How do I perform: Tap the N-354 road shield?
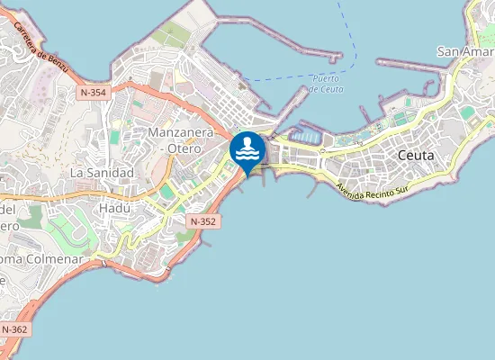pos(93,92)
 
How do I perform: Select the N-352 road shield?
pos(202,220)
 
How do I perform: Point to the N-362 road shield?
pos(14,329)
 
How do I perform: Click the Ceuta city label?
pos(415,156)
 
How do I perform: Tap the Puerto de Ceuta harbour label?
pos(324,84)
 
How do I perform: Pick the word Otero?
pos(184,149)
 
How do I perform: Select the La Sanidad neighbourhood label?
pos(102,172)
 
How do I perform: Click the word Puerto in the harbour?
pos(324,78)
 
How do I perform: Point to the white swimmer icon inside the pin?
pos(247,147)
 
